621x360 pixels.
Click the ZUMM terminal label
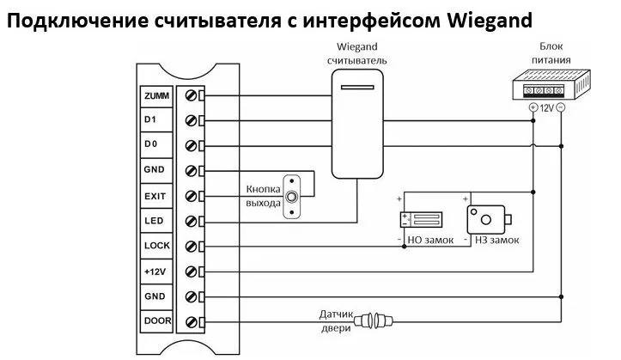coord(156,96)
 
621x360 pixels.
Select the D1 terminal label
coord(150,119)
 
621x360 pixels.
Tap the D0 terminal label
coord(150,144)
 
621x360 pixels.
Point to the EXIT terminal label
coord(155,196)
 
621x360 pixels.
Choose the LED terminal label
coord(154,221)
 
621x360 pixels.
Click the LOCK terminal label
coord(157,246)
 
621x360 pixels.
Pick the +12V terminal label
coord(155,272)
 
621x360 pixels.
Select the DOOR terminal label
coord(158,320)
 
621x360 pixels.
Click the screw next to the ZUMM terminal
coord(191,96)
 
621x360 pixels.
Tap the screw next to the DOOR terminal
coord(191,321)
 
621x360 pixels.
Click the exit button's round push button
coord(291,197)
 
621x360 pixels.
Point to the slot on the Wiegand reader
coord(357,87)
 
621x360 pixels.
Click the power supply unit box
coord(551,85)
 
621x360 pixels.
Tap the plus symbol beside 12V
coord(533,107)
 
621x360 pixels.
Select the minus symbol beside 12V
coord(561,107)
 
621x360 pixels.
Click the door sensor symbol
coord(373,320)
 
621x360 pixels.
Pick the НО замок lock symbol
coord(421,220)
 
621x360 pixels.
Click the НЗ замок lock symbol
coord(489,219)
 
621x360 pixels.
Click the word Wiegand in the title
coord(490,21)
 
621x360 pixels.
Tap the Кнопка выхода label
coord(264,196)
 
